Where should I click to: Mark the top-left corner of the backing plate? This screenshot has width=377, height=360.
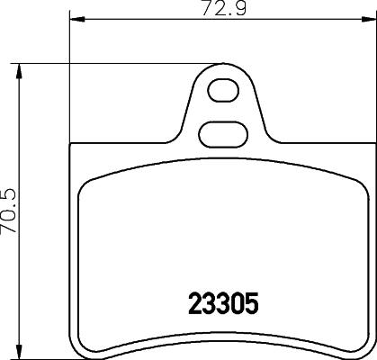(x=71, y=148)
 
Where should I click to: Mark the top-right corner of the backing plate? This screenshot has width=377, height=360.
(x=368, y=148)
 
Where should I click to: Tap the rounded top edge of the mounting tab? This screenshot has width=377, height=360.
(x=220, y=66)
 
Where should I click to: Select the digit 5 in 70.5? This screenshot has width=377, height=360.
(x=11, y=191)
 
